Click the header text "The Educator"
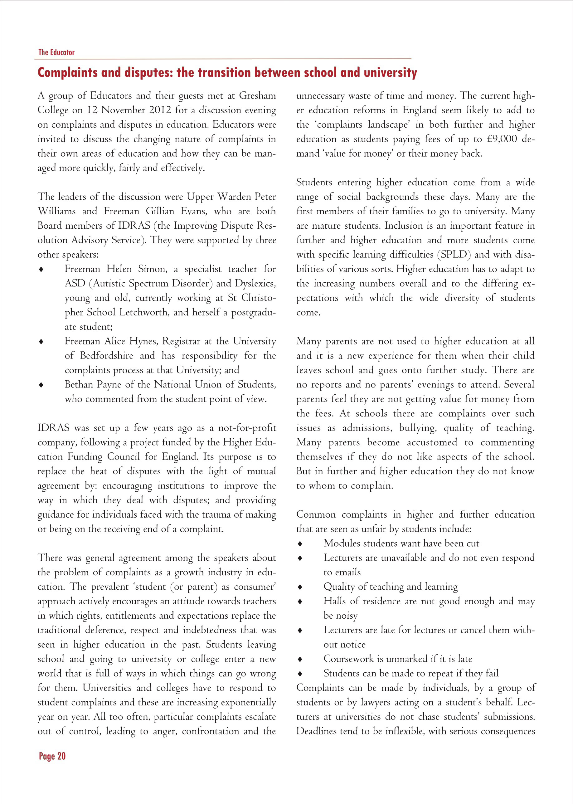click(x=56, y=52)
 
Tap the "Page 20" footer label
click(x=52, y=756)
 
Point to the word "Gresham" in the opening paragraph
click(x=257, y=96)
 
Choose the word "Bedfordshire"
click(x=107, y=355)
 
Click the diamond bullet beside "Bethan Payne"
click(x=41, y=385)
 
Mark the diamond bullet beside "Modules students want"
click(x=300, y=544)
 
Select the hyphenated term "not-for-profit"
click(x=242, y=428)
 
